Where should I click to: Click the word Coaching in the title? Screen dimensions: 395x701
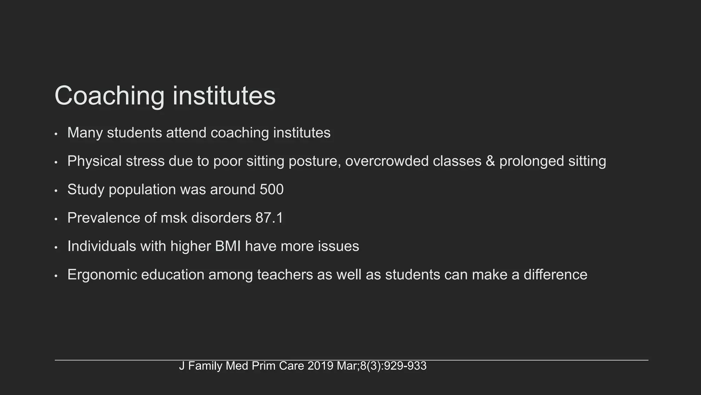109,96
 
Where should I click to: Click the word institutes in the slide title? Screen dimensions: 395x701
224,96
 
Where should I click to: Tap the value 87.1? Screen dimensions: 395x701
269,218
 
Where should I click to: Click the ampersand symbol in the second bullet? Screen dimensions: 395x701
490,161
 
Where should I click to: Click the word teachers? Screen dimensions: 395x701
285,275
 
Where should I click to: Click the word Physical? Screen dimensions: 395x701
94,161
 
